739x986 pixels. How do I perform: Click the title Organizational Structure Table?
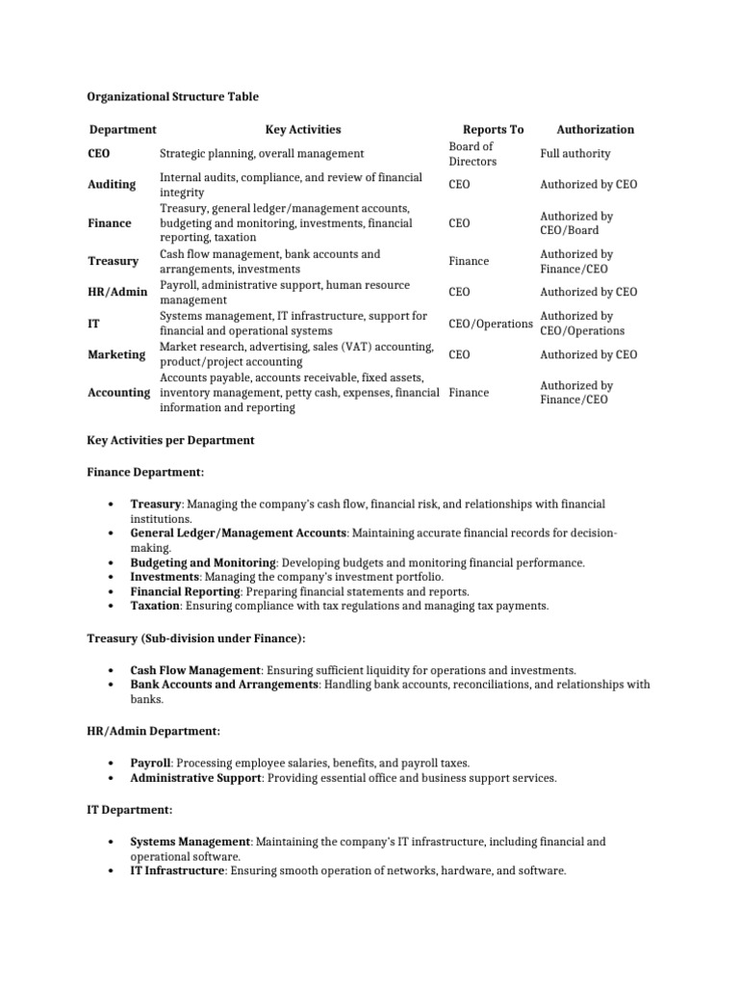coord(172,97)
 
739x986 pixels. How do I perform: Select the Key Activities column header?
coord(303,129)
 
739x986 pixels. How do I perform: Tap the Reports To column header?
coord(493,129)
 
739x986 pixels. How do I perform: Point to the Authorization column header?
coord(595,129)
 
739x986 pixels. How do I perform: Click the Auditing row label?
coord(112,184)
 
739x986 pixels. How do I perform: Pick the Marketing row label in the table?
coord(116,354)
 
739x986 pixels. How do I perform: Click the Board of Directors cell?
coord(471,154)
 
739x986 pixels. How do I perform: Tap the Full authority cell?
coord(574,153)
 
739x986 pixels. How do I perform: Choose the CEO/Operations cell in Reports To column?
coord(491,324)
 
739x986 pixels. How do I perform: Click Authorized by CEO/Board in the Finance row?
coord(576,223)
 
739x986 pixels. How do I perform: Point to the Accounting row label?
coord(118,393)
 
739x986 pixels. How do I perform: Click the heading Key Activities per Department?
coord(170,440)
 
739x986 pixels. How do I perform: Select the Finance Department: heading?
coord(145,472)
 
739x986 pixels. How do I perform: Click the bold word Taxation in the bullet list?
coord(155,606)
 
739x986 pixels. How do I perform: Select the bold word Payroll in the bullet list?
coord(150,763)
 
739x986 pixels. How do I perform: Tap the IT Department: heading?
coord(129,810)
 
